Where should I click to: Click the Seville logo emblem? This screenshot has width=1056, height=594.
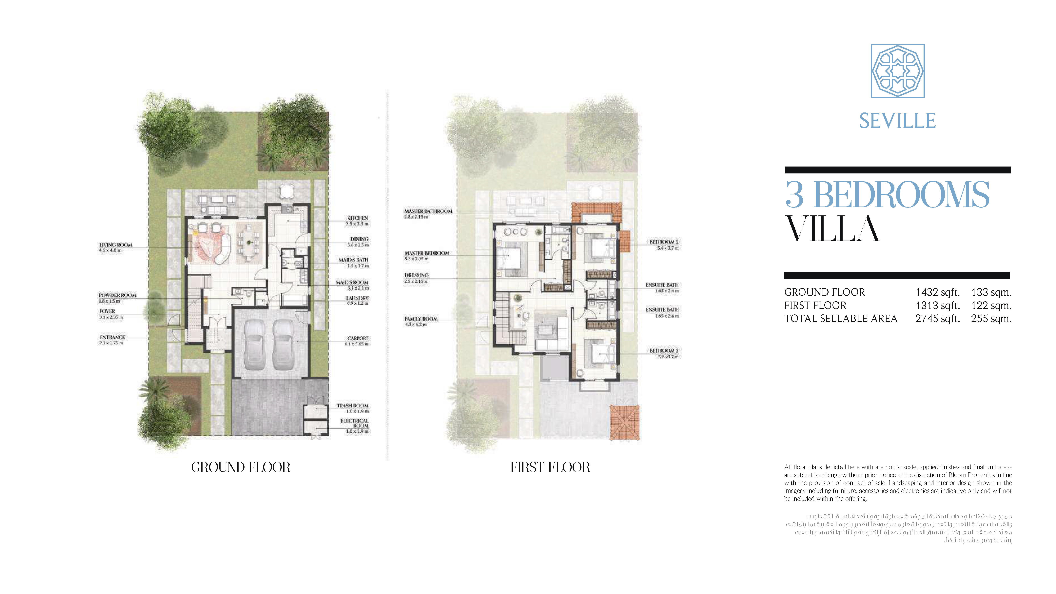tap(897, 71)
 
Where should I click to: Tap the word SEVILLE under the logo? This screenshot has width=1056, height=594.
tap(897, 121)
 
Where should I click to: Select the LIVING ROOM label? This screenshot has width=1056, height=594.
tap(116, 245)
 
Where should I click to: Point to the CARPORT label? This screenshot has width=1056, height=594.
tap(358, 338)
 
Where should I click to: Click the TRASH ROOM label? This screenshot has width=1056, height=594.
tap(353, 406)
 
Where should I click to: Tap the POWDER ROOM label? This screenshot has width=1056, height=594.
tap(117, 295)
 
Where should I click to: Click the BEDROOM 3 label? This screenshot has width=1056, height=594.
tap(664, 350)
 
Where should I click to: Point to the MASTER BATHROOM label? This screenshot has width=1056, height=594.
tap(428, 211)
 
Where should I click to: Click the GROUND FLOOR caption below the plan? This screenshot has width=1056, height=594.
tap(241, 467)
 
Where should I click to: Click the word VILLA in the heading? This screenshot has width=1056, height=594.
tap(832, 229)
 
